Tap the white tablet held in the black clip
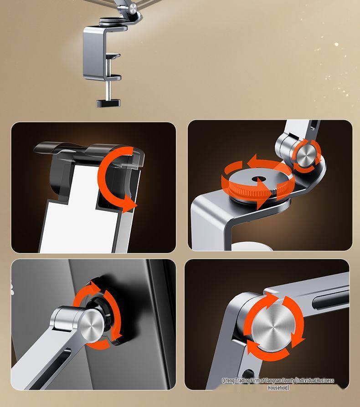click(x=73, y=205)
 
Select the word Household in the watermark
click(x=278, y=387)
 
